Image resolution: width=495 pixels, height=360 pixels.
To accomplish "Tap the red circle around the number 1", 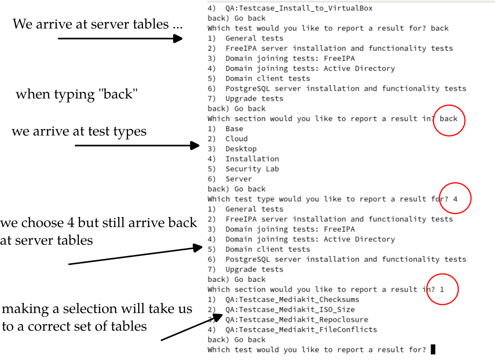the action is (427, 289).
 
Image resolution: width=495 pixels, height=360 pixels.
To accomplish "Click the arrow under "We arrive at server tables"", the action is (120, 39).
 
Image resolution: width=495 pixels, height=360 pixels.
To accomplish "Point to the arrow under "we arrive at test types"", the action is (137, 146).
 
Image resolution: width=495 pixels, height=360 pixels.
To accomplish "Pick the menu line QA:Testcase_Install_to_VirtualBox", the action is (299, 8).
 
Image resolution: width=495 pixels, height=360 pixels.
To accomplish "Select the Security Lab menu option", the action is (252, 169).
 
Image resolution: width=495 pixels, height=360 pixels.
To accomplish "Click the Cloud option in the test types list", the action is (236, 139).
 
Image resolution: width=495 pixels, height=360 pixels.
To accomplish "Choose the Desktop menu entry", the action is (241, 148).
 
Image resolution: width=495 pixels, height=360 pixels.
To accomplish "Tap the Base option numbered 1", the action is (234, 129).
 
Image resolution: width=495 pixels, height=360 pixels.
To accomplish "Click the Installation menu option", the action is (252, 159).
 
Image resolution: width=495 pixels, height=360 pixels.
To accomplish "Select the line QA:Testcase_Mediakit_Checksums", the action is (292, 299).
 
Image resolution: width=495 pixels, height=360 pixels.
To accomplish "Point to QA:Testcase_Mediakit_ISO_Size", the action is (290, 310).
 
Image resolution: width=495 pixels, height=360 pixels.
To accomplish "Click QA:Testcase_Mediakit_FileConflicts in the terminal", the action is (301, 330).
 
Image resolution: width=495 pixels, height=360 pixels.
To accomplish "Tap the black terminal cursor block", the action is (433, 349).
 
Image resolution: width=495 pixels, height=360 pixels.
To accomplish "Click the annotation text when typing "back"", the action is (77, 94).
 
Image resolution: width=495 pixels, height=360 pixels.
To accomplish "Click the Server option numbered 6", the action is (239, 179).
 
